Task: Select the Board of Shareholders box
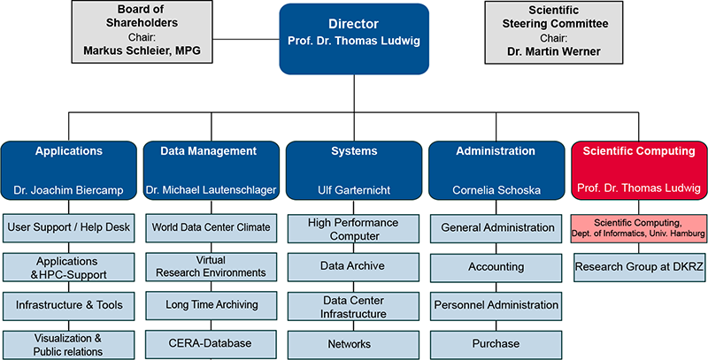pos(142,32)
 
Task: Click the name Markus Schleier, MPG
pos(142,51)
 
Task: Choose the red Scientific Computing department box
pos(638,170)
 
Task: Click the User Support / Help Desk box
pos(68,227)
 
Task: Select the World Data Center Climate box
pos(212,227)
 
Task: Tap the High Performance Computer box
pos(354,229)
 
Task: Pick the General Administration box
pos(496,227)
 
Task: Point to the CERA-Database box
pos(212,343)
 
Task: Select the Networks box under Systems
pos(354,343)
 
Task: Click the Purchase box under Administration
pos(496,343)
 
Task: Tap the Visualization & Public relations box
pos(68,344)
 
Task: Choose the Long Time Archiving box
pos(212,304)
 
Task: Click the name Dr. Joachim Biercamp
pos(68,189)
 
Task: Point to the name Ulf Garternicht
pos(354,189)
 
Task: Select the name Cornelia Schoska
pos(496,189)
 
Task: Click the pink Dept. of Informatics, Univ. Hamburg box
pos(638,228)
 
